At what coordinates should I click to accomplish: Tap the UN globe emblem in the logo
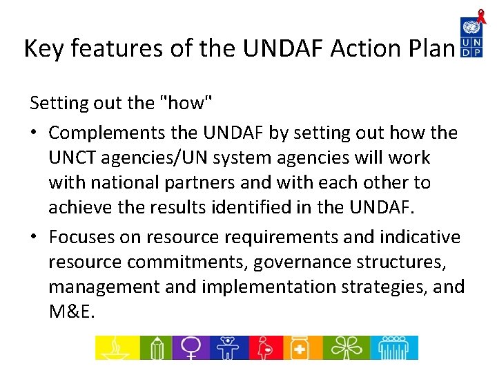(x=472, y=27)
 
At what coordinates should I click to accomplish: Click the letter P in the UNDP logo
(x=478, y=52)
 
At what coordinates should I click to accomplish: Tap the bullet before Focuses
(x=35, y=237)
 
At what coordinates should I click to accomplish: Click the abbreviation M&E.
(x=71, y=312)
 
